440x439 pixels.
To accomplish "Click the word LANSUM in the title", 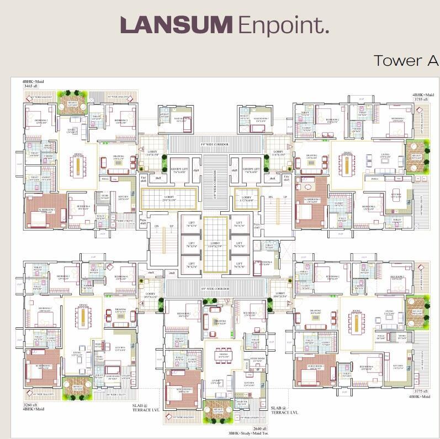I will coord(177,25).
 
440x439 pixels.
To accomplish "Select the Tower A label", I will coord(406,60).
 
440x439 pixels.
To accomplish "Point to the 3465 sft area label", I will coord(32,87).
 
